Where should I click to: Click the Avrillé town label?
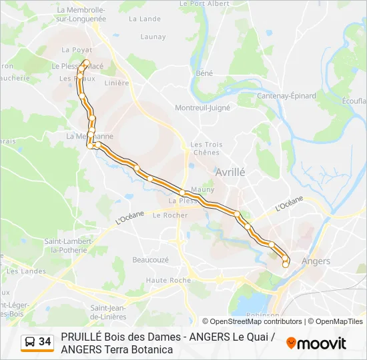(230, 172)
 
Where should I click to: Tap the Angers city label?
(316, 261)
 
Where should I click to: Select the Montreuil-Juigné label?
(202, 107)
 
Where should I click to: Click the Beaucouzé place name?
(151, 259)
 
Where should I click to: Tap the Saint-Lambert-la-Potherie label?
(65, 245)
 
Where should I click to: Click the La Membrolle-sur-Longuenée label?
(81, 15)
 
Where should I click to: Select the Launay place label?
(153, 37)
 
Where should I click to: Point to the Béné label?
(204, 73)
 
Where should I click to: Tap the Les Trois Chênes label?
(206, 148)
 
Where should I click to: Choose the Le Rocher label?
(170, 215)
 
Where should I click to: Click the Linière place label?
(117, 83)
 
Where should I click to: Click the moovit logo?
(316, 343)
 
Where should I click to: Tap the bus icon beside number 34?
(30, 342)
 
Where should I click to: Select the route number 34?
(45, 342)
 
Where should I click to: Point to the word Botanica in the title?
(150, 349)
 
